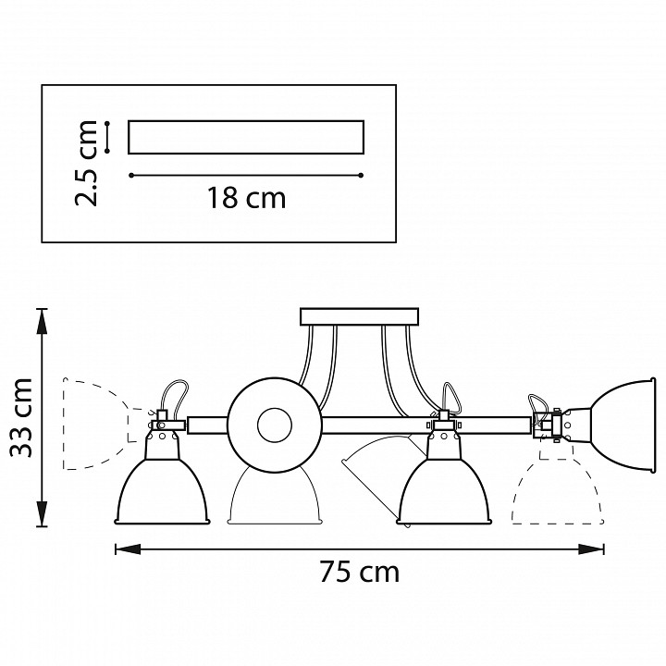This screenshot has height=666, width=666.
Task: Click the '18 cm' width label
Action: [246, 198]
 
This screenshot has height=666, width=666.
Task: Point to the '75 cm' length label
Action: [359, 573]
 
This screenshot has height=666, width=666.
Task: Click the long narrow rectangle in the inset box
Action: [245, 137]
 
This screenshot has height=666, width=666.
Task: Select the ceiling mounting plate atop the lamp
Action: [358, 316]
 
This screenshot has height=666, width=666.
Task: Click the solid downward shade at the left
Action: [163, 490]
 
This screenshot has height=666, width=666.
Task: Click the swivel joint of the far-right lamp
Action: [556, 426]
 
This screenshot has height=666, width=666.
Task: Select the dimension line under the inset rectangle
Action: [245, 174]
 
